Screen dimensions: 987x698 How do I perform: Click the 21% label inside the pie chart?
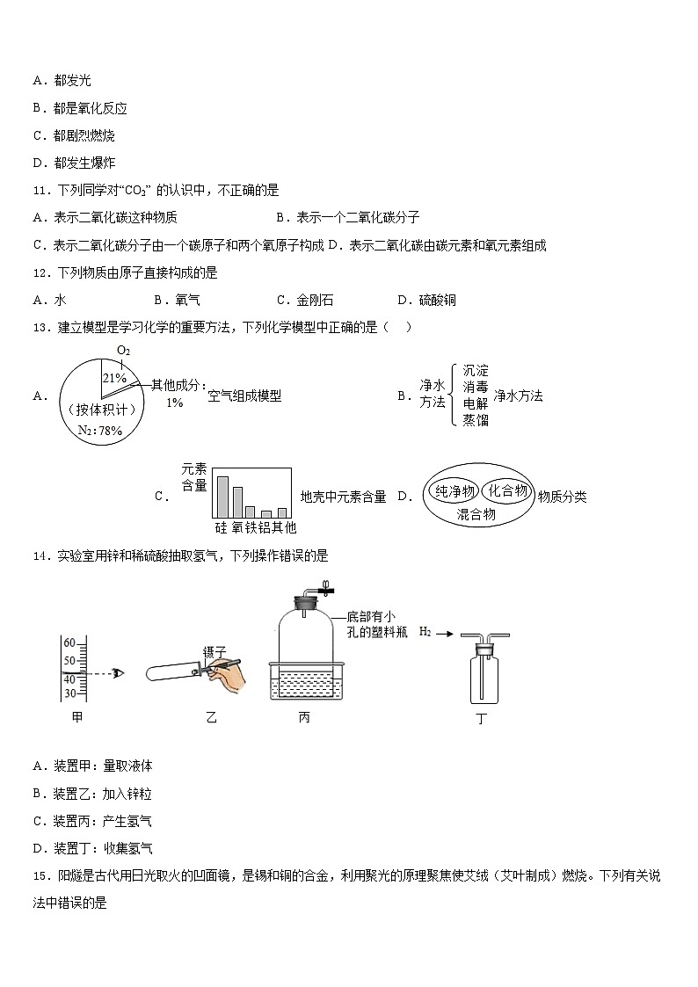tap(115, 377)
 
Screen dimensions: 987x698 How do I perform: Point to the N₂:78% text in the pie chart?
tap(99, 431)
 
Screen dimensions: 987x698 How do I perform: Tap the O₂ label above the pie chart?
tap(124, 351)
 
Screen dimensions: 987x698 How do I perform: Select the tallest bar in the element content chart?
tap(222, 497)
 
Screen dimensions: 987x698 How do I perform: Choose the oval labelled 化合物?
tap(508, 490)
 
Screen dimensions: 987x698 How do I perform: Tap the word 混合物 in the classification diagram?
tap(476, 515)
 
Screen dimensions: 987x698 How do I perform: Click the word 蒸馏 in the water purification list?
tap(476, 420)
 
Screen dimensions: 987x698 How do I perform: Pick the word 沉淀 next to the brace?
tap(476, 370)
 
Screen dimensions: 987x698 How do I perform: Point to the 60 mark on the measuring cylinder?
tap(69, 642)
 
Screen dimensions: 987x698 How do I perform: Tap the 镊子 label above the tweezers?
tap(214, 651)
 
